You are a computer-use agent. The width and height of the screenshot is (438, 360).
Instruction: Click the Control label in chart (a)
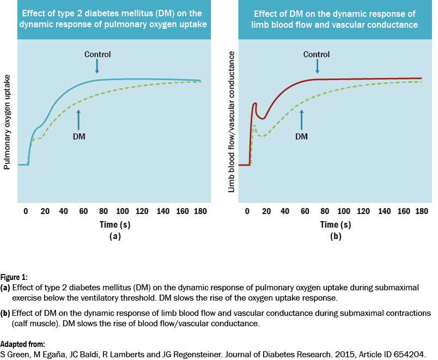pos(98,54)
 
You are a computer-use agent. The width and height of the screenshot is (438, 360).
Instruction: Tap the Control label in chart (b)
pos(317,54)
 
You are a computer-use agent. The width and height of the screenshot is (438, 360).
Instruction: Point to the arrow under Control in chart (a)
pos(97,66)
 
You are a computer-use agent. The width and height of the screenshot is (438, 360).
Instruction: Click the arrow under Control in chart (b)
pos(317,66)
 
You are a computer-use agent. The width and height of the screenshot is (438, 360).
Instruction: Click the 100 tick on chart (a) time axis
pos(122,211)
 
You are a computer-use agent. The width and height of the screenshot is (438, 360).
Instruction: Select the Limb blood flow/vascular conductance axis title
pos(232,121)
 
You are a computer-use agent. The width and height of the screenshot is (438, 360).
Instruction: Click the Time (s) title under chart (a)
pos(114,224)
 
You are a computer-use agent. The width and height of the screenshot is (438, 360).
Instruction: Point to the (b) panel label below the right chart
pos(336,236)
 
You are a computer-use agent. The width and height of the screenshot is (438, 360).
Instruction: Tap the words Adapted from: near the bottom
pos(22,344)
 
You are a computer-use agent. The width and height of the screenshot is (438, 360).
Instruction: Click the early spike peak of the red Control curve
pos(255,103)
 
